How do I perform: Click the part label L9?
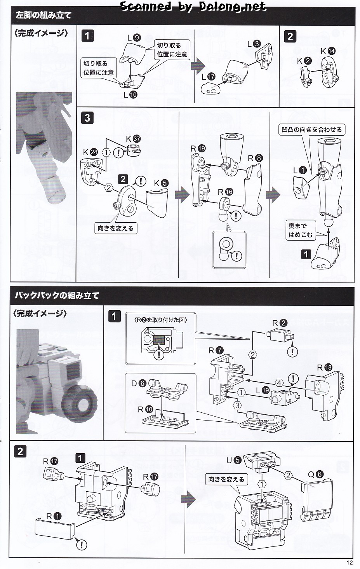[133, 38]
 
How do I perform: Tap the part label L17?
[208, 77]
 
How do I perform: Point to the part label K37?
[133, 139]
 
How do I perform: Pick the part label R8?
[255, 158]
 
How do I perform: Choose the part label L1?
[299, 170]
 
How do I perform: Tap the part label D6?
[138, 384]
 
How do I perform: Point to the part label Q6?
[315, 474]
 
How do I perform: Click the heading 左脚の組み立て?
[43, 16]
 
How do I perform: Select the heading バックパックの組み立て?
[57, 295]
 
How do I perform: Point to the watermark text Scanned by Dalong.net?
[193, 6]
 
